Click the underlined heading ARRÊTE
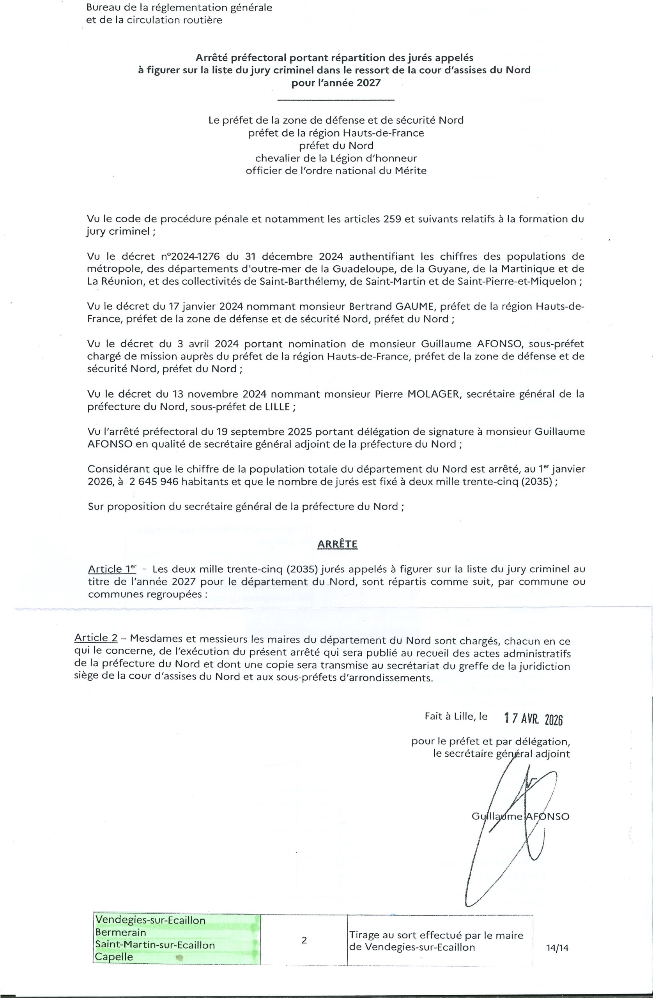pyautogui.click(x=337, y=544)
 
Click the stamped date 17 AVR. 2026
pyautogui.click(x=533, y=719)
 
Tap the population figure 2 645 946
pyautogui.click(x=154, y=482)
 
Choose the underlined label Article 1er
pyautogui.click(x=111, y=569)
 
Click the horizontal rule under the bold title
pyautogui.click(x=336, y=100)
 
